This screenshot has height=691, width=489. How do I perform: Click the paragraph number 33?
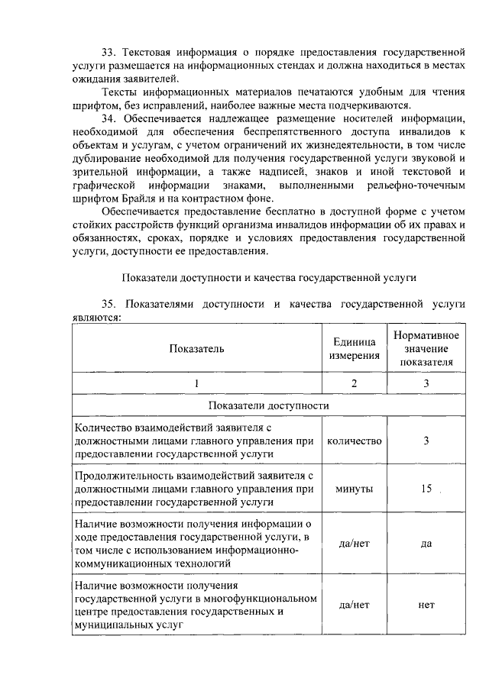coord(108,53)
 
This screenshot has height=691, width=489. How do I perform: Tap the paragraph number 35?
coord(108,305)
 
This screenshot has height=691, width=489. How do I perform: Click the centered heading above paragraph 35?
coord(267,276)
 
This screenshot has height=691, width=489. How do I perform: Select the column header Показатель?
coord(197,348)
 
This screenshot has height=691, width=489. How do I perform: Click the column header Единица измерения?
coord(354,349)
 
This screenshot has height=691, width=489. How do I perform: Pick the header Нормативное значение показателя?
coord(426,349)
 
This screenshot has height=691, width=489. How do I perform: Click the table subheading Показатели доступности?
coord(267,405)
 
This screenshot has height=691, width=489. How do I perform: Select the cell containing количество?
coord(354,441)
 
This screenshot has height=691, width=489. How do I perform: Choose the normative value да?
coord(426,544)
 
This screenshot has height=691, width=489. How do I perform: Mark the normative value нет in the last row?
coord(426,604)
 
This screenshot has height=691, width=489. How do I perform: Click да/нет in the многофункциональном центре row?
coord(354,604)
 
